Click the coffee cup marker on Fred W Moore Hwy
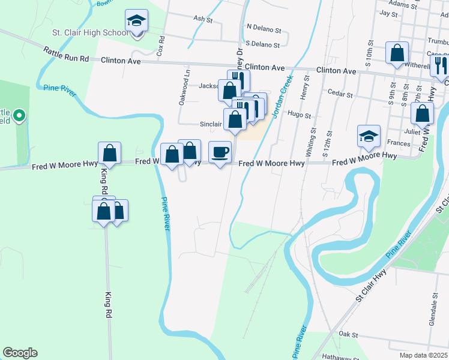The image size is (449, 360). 220,152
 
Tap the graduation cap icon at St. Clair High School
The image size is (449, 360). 137,22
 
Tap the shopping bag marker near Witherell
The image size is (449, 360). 397,53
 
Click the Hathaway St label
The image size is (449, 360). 333,355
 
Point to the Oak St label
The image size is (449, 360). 348,334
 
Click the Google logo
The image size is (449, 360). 20,353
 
